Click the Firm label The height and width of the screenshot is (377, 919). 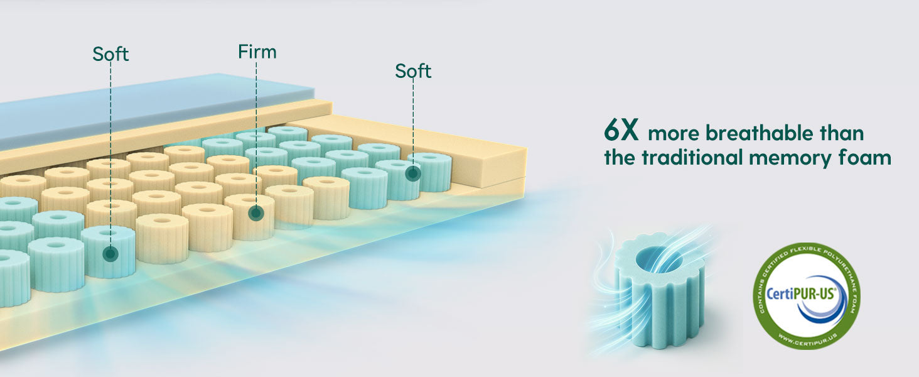[x=257, y=52]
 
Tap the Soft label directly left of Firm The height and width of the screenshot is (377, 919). [x=110, y=54]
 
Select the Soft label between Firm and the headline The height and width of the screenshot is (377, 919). [x=413, y=71]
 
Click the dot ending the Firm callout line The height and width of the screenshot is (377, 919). [x=255, y=213]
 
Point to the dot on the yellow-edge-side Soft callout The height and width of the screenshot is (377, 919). [x=412, y=173]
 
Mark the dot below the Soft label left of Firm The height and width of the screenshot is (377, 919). [x=111, y=254]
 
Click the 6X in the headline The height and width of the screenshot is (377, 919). [x=621, y=132]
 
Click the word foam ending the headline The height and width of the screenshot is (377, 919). [x=869, y=157]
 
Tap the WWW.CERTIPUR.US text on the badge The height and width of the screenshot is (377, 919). [x=806, y=340]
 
